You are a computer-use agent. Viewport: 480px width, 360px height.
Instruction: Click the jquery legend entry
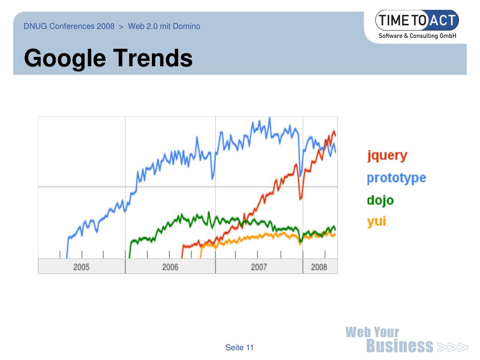pos(387,156)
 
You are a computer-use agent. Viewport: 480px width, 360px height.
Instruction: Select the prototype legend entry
pos(396,178)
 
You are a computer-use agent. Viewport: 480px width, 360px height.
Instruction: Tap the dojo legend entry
pos(380,200)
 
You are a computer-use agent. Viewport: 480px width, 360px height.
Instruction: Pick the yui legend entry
pos(376,221)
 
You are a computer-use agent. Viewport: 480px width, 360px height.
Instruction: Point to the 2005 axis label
pos(81,267)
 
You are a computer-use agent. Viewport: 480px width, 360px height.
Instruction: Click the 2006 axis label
pos(170,267)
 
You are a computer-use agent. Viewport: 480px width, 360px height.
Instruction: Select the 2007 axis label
pos(259,267)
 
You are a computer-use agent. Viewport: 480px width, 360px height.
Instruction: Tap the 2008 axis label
pos(319,267)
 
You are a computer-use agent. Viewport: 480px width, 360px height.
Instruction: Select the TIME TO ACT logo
pos(417,21)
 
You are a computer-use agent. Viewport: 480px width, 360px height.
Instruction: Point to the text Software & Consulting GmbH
pos(417,36)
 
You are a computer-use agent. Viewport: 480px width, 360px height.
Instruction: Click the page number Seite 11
pos(239,347)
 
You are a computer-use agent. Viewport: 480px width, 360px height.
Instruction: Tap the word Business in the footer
pos(399,346)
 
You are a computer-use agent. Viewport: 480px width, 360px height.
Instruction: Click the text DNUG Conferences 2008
pos(69,26)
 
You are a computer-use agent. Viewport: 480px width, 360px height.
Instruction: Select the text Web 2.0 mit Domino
pos(164,26)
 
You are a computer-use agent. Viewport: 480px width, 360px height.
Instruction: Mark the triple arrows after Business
pos(452,347)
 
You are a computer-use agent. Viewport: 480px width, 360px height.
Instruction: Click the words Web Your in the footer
pos(372,332)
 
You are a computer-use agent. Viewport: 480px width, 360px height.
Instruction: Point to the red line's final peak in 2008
pos(334,131)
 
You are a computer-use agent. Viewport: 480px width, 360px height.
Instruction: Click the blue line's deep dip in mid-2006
pos(213,178)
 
